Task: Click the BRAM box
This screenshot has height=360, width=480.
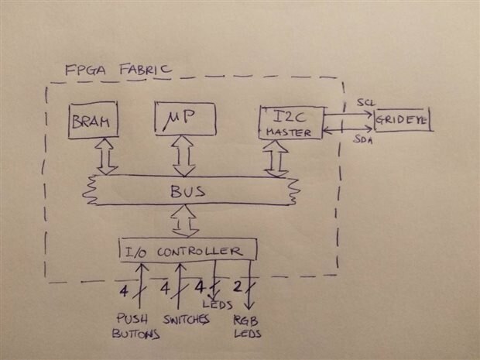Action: tap(91, 122)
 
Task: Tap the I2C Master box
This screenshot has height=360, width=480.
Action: tap(288, 122)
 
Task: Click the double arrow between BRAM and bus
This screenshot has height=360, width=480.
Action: tap(105, 158)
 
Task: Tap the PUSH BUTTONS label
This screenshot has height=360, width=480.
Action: tap(137, 325)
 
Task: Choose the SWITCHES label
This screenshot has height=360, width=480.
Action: tap(185, 319)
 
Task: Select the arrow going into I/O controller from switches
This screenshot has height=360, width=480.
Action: tap(180, 286)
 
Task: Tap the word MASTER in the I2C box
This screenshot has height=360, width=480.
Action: tap(288, 132)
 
